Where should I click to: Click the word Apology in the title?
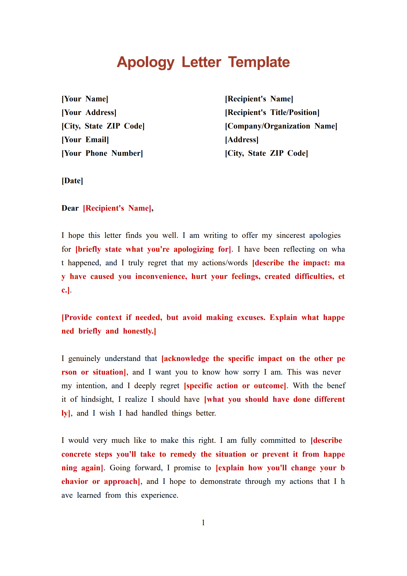tap(146, 62)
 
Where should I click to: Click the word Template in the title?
tap(259, 62)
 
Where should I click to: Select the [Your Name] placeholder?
tap(85, 99)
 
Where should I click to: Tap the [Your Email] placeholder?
tap(85, 140)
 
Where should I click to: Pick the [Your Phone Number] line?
tap(102, 153)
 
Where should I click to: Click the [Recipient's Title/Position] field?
tap(272, 112)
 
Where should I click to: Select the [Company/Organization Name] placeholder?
tap(281, 126)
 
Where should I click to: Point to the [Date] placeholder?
tap(72, 181)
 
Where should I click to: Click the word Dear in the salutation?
tap(70, 208)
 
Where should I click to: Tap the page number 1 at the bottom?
tap(203, 522)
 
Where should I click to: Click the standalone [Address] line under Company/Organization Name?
tap(242, 140)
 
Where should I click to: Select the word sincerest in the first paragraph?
tap(291, 235)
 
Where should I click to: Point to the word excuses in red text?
tap(251, 317)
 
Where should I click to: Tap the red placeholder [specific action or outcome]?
tap(235, 386)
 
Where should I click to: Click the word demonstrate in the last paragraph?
tap(220, 481)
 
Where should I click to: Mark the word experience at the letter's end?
tap(159, 495)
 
